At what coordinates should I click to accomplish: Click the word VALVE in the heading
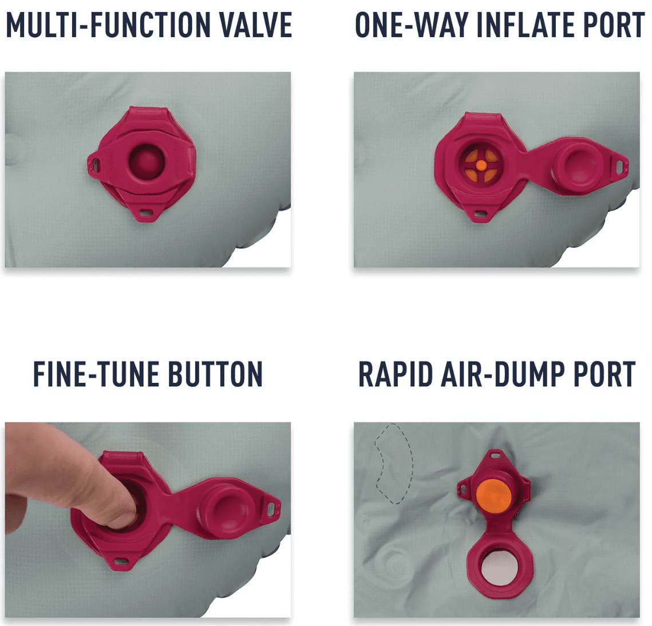[x=256, y=25]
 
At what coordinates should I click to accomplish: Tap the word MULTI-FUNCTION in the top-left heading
[x=109, y=25]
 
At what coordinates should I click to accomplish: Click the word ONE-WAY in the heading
[x=412, y=25]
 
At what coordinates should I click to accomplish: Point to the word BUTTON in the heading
[x=215, y=374]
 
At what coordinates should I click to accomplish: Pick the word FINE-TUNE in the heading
[x=97, y=374]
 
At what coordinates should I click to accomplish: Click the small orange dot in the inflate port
[x=481, y=165]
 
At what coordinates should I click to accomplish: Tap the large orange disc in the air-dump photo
[x=493, y=496]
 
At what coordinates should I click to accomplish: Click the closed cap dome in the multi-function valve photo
[x=147, y=161]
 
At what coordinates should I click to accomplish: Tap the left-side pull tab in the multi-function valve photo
[x=94, y=164]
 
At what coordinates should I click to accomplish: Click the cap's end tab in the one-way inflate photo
[x=619, y=167]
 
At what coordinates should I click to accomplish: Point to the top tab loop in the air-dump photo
[x=495, y=455]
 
